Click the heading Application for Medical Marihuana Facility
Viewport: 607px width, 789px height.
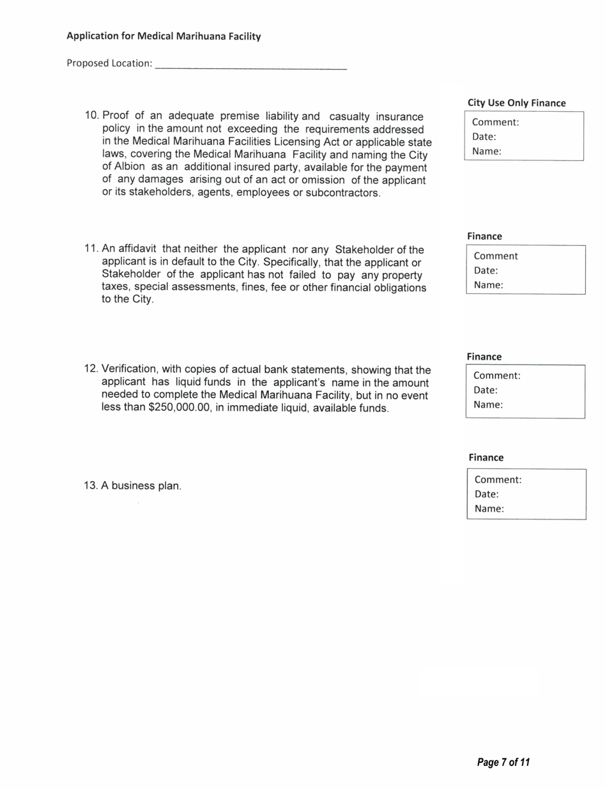tap(164, 36)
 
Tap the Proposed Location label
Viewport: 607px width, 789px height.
tap(109, 64)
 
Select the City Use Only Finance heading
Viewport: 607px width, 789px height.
tap(516, 103)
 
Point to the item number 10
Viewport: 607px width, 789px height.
tap(93, 116)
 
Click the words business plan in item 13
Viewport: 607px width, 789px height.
tap(150, 486)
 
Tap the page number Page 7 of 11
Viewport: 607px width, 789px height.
tap(503, 762)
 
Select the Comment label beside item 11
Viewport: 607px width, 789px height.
tap(495, 256)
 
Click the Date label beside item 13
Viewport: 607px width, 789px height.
tap(486, 494)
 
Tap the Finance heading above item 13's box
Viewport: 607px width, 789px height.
tap(486, 457)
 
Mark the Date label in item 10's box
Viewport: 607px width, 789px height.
tap(484, 136)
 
